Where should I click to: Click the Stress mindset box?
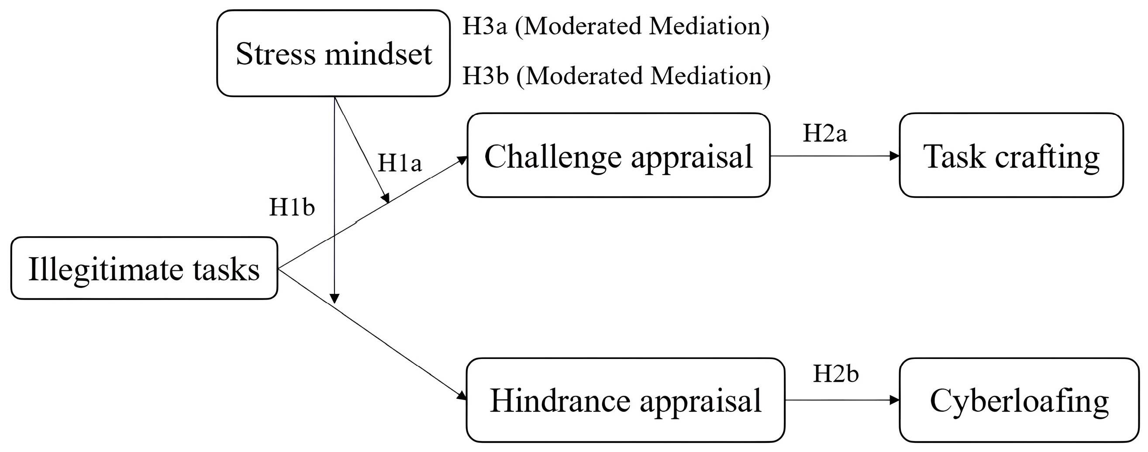tap(333, 53)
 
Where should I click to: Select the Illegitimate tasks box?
tap(144, 268)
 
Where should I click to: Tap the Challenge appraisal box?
tap(618, 155)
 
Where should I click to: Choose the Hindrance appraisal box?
tap(625, 400)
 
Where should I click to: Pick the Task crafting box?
tap(1011, 155)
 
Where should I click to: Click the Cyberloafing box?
tap(1019, 400)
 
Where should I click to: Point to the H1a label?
tap(399, 163)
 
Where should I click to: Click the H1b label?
tap(292, 207)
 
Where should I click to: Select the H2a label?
tap(824, 133)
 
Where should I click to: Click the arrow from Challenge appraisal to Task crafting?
tap(833, 156)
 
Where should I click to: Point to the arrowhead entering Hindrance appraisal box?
tap(462, 395)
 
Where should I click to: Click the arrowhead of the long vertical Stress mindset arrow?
tap(334, 298)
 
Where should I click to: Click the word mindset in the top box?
tap(378, 55)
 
